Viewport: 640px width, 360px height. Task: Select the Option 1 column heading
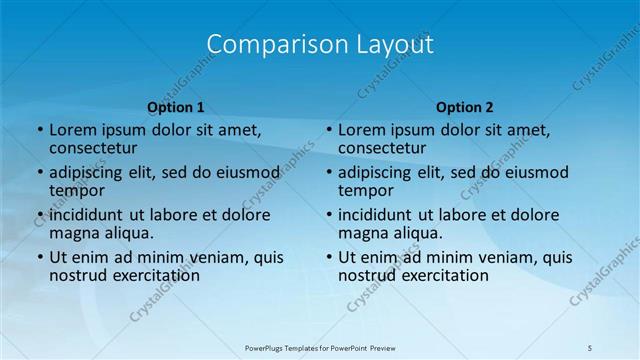coord(176,107)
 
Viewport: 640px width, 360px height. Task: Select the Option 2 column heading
coord(465,107)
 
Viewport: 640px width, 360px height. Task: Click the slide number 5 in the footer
coord(590,346)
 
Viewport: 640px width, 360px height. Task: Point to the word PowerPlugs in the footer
coord(267,346)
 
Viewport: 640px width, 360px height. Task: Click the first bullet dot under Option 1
coord(40,130)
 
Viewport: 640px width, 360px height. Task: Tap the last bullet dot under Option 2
coord(329,257)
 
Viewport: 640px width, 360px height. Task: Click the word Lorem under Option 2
coord(362,130)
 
